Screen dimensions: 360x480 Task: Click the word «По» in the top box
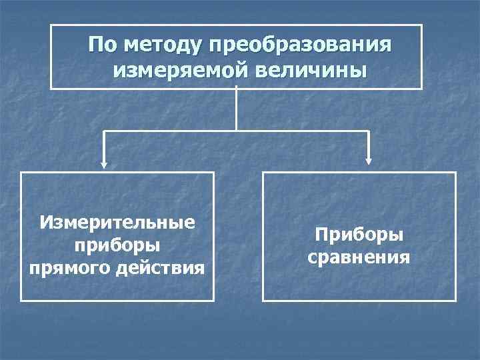[101, 45]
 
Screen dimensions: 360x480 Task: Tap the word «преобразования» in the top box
[299, 45]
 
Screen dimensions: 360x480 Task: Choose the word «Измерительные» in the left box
[117, 221]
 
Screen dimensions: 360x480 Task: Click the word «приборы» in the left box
[117, 245]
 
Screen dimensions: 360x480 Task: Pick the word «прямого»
[66, 268]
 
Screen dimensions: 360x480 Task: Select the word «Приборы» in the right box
[359, 235]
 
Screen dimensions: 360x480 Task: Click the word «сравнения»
[359, 257]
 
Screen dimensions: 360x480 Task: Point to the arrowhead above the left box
[103, 161]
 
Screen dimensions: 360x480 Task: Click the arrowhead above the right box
[369, 161]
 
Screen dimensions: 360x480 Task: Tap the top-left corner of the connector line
[103, 130]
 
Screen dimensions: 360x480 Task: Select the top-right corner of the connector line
[369, 130]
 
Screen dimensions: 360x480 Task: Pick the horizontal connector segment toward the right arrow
[303, 130]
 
